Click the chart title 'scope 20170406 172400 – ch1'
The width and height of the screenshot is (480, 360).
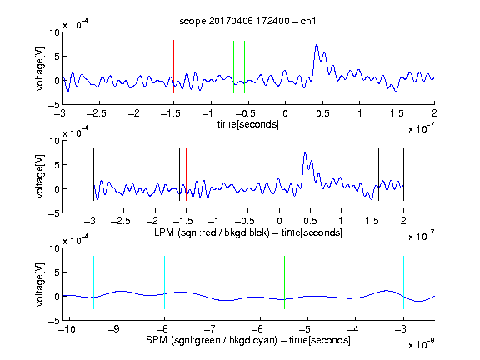tap(247, 21)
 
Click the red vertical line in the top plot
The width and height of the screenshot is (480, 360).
tap(173, 67)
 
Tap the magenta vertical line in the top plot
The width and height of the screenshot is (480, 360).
tap(397, 67)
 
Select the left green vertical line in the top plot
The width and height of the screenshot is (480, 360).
tap(233, 67)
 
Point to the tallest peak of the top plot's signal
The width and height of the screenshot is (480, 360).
tap(317, 45)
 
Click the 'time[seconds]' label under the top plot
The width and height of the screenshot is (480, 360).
tap(248, 124)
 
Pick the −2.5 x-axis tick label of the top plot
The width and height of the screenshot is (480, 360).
tap(97, 113)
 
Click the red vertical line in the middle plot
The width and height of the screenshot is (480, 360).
tap(186, 174)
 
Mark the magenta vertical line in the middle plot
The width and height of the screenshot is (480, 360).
tap(372, 174)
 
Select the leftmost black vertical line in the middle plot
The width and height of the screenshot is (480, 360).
tap(93, 174)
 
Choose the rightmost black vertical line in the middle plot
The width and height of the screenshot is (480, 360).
tap(403, 174)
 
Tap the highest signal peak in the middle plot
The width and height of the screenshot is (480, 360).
tap(305, 152)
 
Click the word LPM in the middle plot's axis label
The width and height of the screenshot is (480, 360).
tap(164, 232)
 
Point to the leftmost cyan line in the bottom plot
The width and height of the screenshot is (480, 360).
tap(93, 282)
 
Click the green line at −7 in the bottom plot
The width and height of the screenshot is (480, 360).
tap(212, 282)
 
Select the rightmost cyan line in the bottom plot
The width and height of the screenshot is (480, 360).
tap(403, 282)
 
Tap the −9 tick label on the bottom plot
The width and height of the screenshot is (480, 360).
tap(114, 329)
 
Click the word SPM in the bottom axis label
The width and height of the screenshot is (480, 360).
tap(157, 340)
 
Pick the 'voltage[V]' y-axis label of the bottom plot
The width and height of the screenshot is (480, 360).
tap(40, 284)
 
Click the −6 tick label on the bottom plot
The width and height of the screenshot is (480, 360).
tap(259, 329)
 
